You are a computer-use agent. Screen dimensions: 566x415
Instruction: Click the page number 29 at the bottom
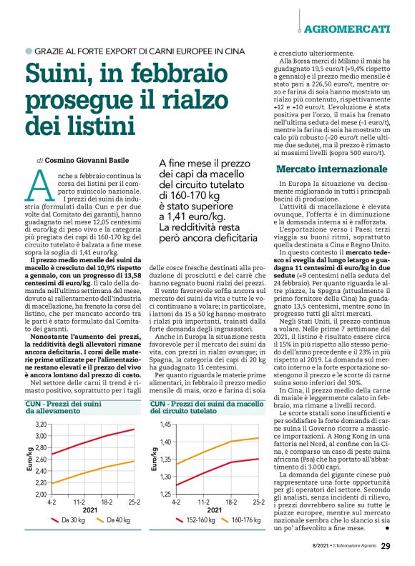(x=385, y=547)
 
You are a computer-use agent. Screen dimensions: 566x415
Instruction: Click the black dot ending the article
(x=386, y=530)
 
